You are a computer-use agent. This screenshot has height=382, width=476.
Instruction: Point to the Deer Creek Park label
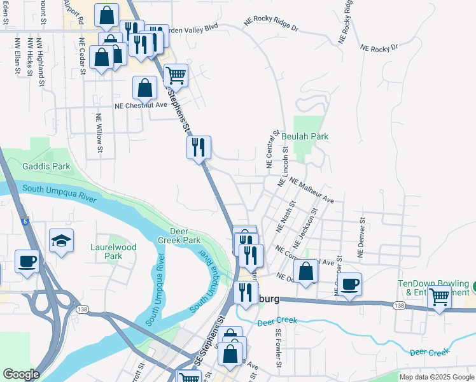pyautogui.click(x=185, y=236)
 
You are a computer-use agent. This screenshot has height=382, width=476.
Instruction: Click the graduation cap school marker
pyautogui.click(x=61, y=241)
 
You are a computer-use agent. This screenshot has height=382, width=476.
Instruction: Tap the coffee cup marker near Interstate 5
pyautogui.click(x=27, y=261)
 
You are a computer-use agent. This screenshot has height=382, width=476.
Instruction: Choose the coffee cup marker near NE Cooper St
pyautogui.click(x=349, y=284)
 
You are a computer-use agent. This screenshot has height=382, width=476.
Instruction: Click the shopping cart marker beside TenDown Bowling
pyautogui.click(x=439, y=297)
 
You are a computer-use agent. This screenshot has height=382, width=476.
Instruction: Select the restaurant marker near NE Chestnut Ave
pyautogui.click(x=199, y=148)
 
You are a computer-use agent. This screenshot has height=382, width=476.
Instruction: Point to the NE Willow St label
pyautogui.click(x=99, y=134)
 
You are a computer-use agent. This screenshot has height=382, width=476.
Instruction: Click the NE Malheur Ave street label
pyautogui.click(x=312, y=190)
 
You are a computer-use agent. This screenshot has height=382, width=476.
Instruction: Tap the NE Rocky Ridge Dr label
pyautogui.click(x=271, y=25)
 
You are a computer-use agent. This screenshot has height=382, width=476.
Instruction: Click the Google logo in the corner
pyautogui.click(x=21, y=374)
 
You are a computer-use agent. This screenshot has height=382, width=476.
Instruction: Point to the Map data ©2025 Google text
pyautogui.click(x=436, y=377)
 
